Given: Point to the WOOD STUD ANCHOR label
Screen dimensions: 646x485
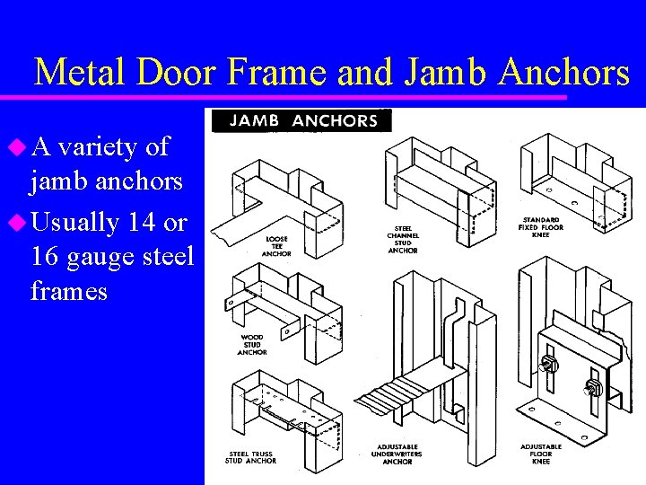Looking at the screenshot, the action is [252, 345].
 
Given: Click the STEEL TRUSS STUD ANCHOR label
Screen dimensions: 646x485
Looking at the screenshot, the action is [251, 457].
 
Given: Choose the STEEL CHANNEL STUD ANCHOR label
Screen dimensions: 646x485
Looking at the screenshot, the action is [403, 239].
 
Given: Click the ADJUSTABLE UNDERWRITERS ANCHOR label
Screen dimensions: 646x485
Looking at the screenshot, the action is [397, 454].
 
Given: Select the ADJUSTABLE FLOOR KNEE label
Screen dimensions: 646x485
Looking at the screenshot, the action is [540, 454].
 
